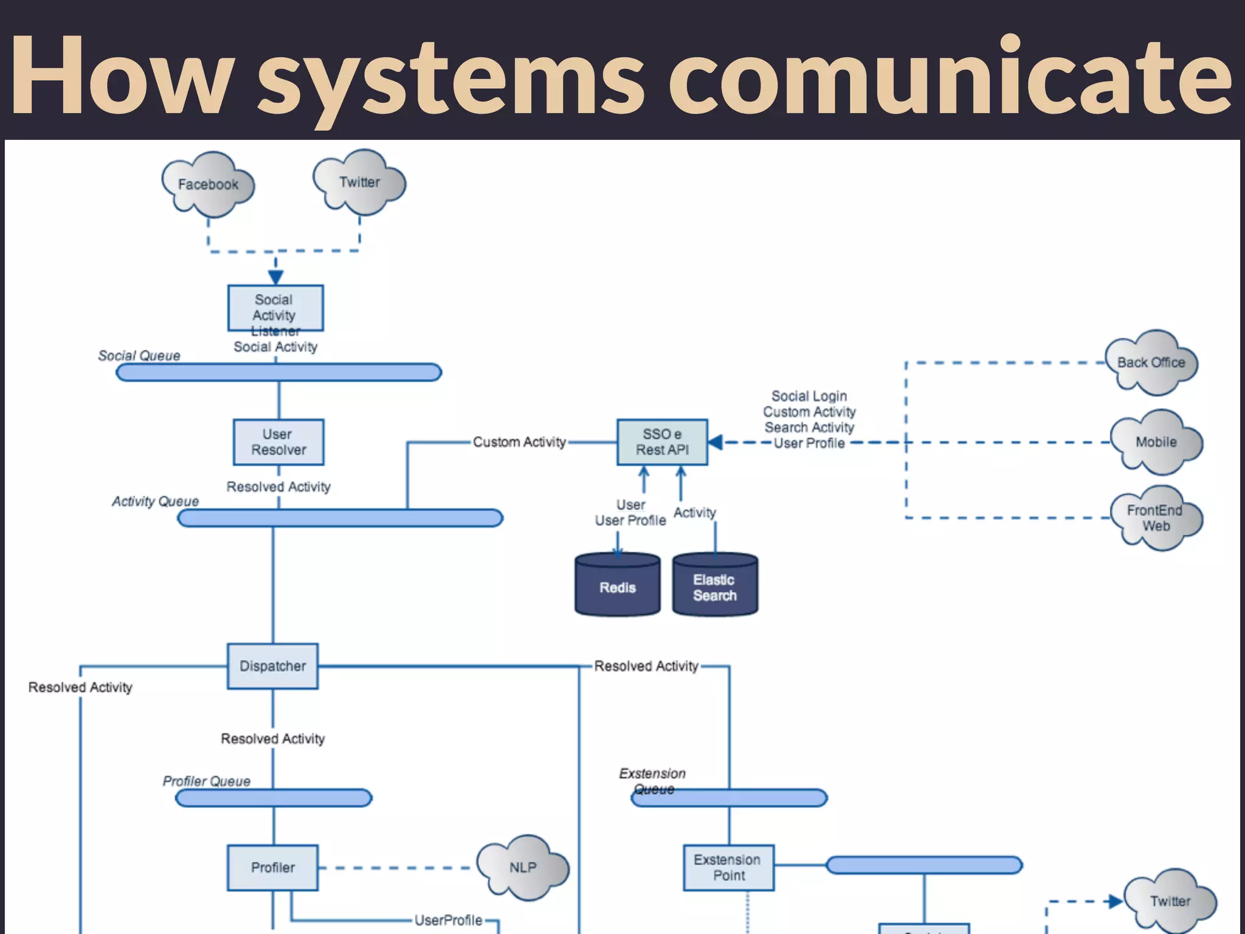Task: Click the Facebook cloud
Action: (208, 184)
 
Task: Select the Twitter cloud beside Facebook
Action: (359, 182)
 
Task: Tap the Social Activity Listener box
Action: (275, 308)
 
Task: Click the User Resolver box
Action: (278, 442)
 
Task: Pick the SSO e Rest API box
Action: (662, 442)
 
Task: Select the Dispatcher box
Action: (272, 666)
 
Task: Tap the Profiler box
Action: (272, 867)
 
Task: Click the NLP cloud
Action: (523, 867)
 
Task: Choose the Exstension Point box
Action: (728, 867)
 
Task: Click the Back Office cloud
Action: (1151, 362)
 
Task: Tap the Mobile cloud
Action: (1156, 442)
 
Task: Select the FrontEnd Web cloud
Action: (1155, 518)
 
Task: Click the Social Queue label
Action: (139, 356)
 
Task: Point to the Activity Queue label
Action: (155, 501)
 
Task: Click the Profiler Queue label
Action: (206, 781)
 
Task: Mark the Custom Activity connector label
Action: (519, 442)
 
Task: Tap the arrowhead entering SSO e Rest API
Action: (716, 442)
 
